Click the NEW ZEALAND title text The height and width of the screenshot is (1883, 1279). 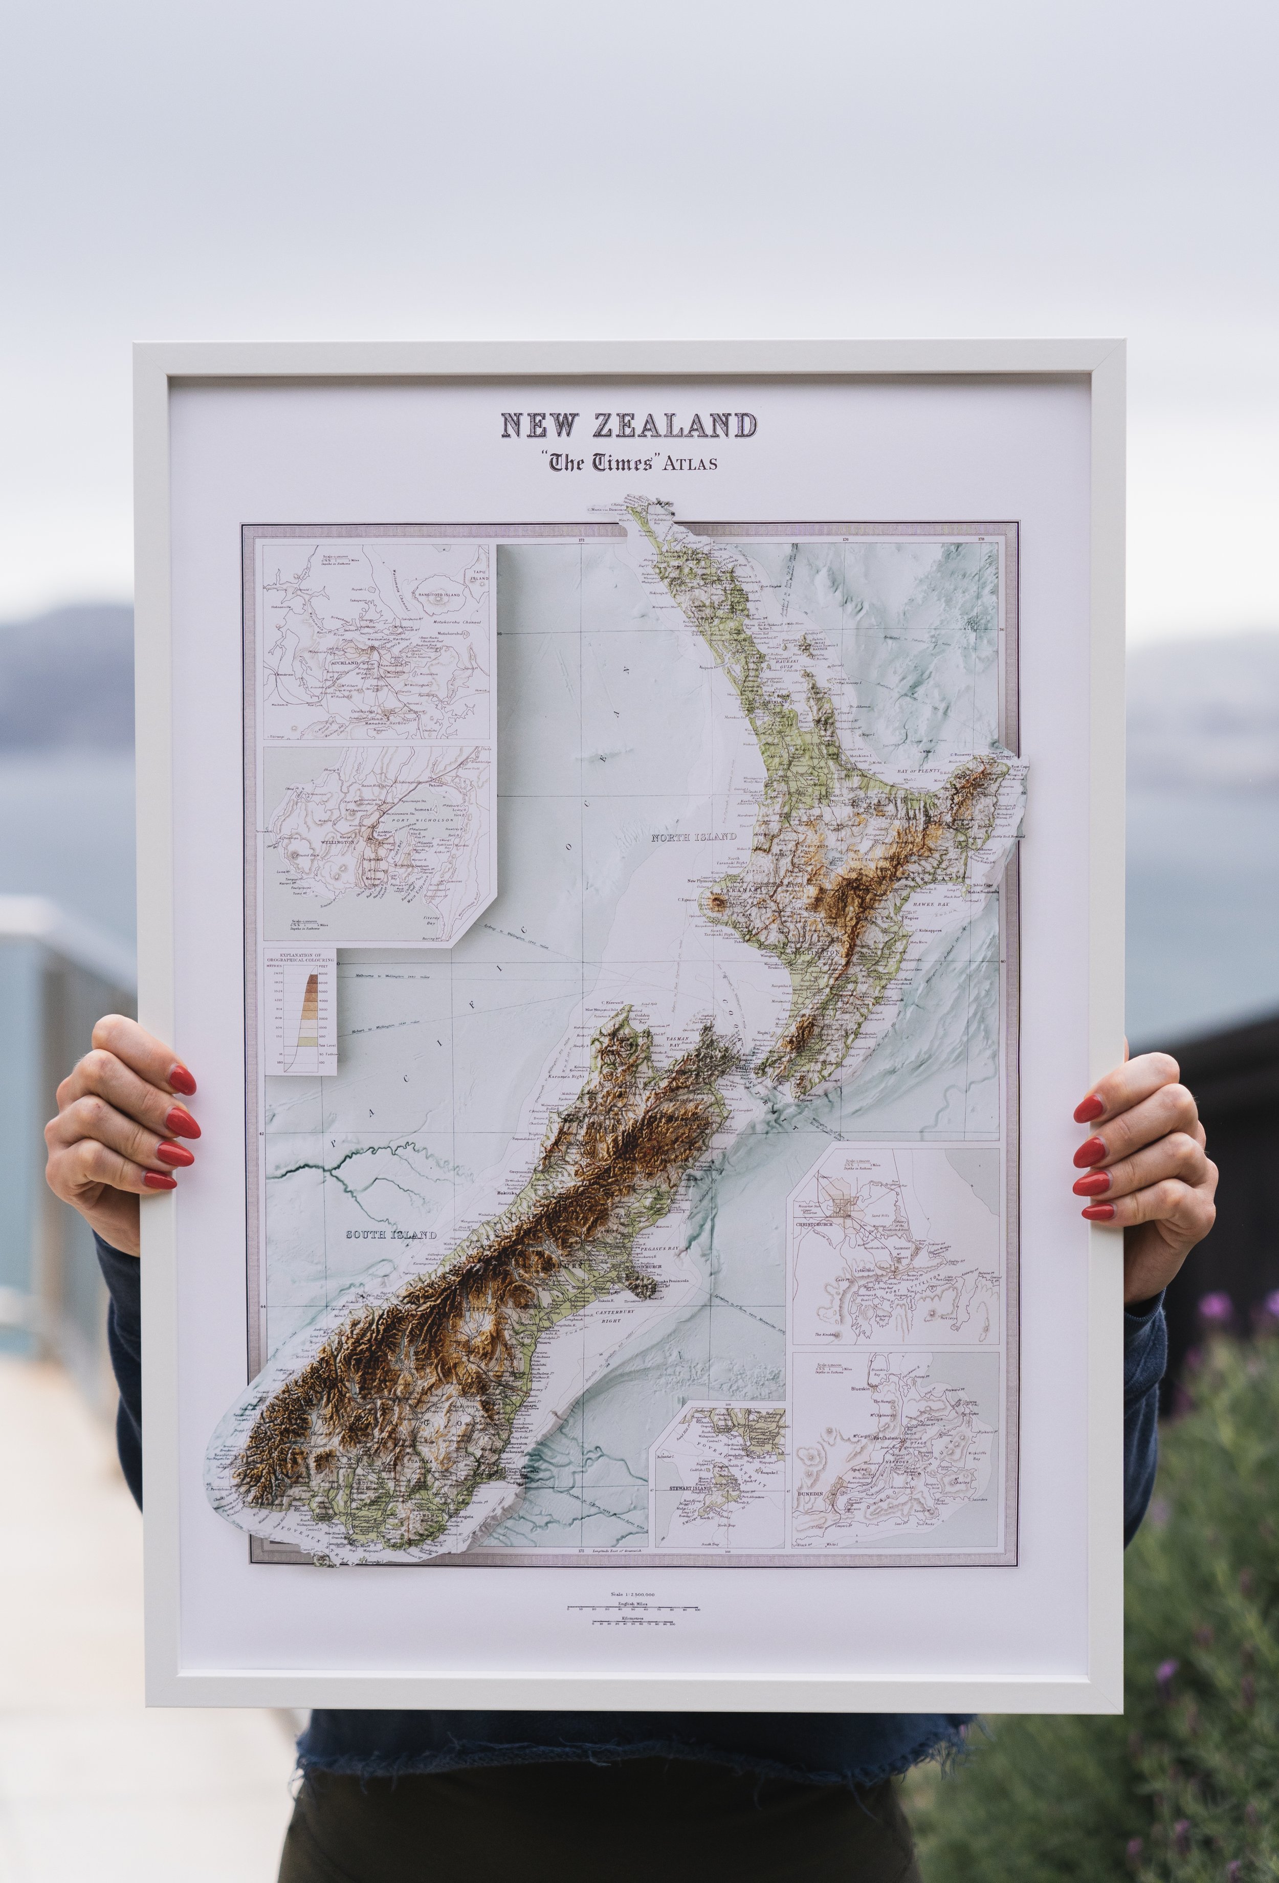click(x=629, y=425)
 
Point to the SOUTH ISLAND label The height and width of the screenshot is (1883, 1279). click(x=391, y=1235)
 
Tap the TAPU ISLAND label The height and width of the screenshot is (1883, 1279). click(x=477, y=574)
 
